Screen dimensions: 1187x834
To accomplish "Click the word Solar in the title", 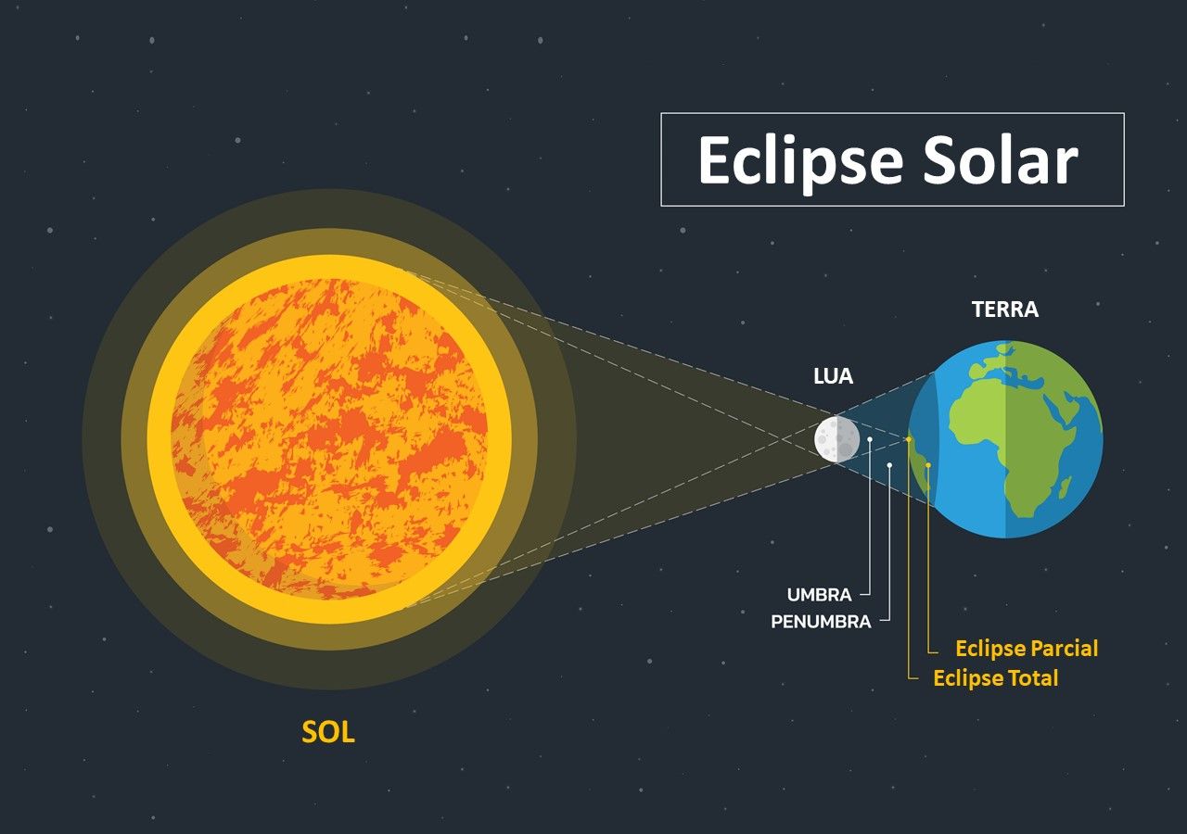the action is click(x=1001, y=158).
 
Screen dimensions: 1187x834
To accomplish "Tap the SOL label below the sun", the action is click(x=328, y=732).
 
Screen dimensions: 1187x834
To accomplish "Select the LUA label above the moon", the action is click(x=833, y=376).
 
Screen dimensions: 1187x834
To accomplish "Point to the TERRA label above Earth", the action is click(x=1005, y=310).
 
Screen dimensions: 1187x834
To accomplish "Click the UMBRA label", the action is click(x=819, y=595).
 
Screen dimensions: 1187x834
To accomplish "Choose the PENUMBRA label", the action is click(x=821, y=622).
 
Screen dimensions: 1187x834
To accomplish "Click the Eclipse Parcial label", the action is click(x=1027, y=649).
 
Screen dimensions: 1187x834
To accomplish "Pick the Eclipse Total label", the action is click(x=996, y=677).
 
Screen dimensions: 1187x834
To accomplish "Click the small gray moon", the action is click(x=836, y=439).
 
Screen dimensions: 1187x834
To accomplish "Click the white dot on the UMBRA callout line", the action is click(x=870, y=439).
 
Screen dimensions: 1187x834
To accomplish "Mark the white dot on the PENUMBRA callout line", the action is click(x=889, y=465).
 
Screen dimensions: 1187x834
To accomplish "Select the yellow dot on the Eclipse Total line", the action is click(x=909, y=439).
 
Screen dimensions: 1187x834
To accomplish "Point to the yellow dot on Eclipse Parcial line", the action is click(x=928, y=465).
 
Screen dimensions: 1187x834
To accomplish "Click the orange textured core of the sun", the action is click(x=329, y=439).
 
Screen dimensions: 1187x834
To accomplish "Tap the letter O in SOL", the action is click(x=328, y=732).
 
